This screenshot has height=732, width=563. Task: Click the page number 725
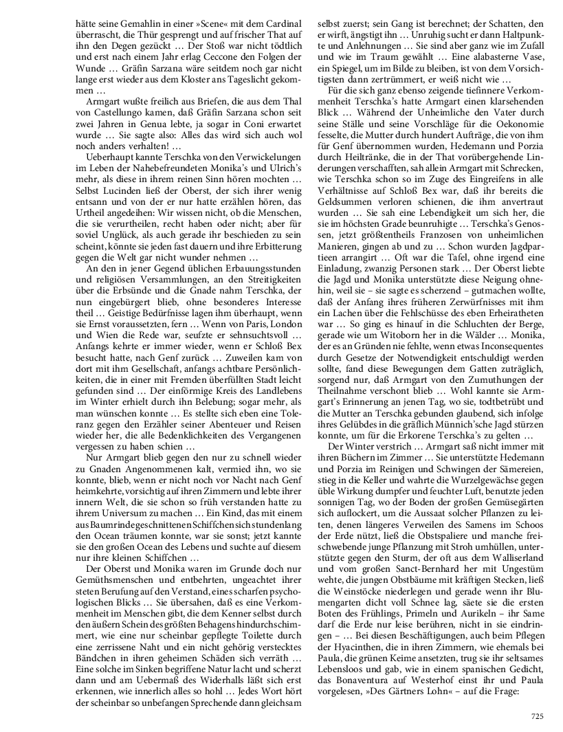(537, 716)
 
